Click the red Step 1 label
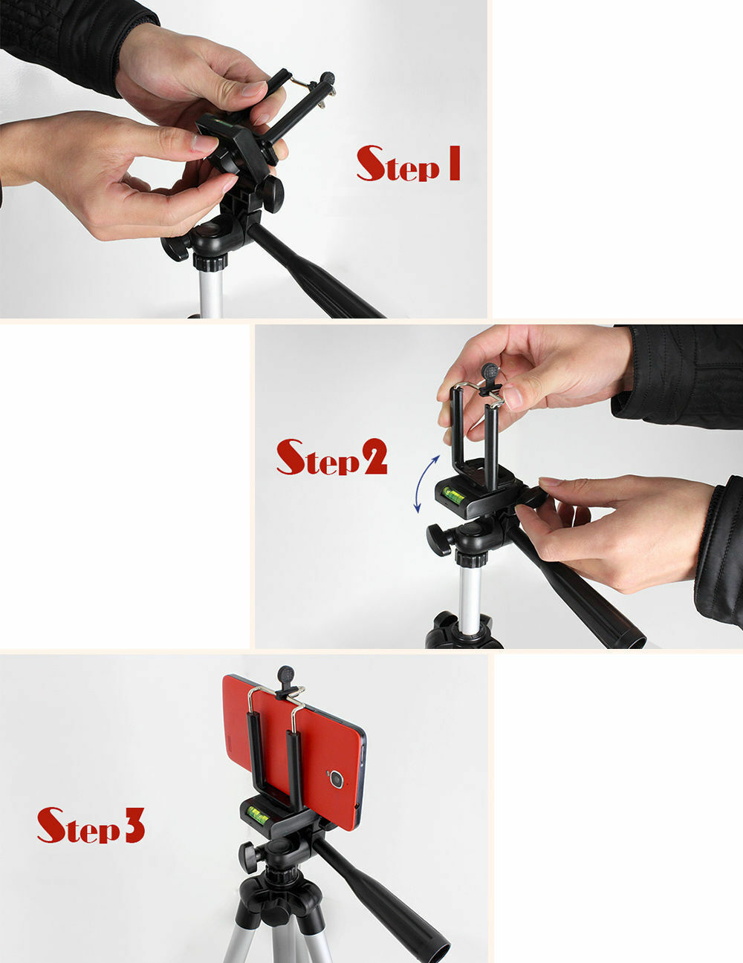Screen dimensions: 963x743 [408, 164]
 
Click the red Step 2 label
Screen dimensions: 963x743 [331, 457]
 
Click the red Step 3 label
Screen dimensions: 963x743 [91, 825]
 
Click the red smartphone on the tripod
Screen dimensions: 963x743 [297, 750]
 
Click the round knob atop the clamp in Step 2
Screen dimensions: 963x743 [490, 370]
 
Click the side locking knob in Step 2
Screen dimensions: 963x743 [438, 538]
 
